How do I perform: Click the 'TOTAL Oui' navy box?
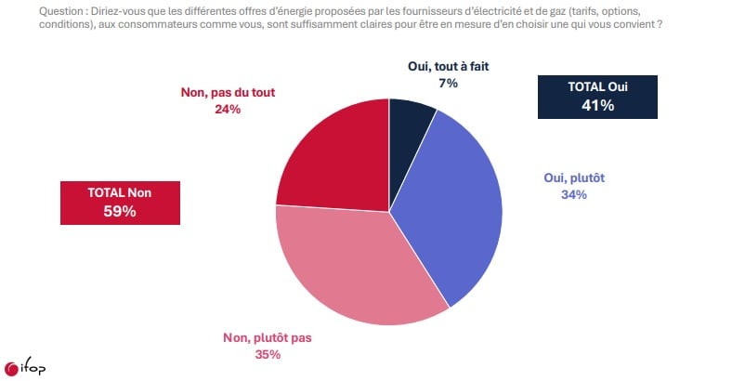[597, 96]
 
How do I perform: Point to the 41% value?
[597, 105]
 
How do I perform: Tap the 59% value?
[120, 211]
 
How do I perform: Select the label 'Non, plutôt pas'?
[267, 337]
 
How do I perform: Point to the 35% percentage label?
[267, 354]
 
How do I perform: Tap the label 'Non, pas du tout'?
[228, 92]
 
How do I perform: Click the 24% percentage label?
[228, 109]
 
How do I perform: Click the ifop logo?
[25, 368]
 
